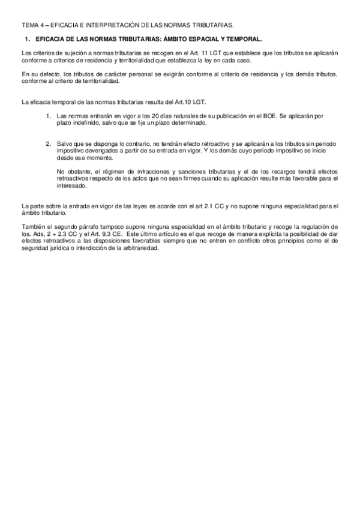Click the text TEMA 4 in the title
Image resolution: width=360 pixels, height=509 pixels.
click(32, 25)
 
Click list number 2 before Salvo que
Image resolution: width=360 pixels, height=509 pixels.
click(49, 145)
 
